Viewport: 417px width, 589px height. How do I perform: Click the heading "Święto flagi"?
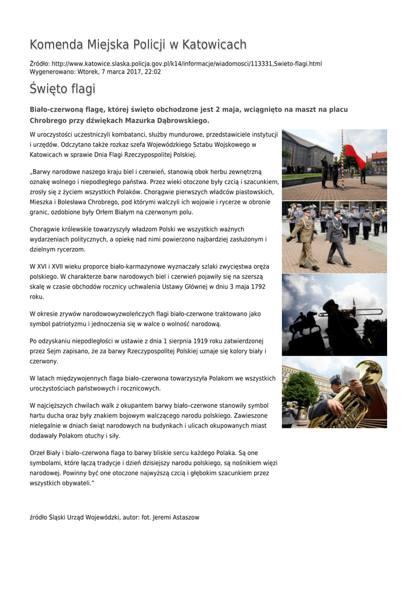pos(62,89)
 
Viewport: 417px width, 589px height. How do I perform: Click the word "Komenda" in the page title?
pos(56,45)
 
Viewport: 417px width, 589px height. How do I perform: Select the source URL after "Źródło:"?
pos(186,63)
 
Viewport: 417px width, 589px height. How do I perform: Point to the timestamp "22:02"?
pos(152,72)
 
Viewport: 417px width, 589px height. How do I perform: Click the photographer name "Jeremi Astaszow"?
pos(175,518)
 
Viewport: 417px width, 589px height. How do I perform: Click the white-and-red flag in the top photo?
pos(355,154)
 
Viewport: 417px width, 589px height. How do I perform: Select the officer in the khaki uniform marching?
pos(305,239)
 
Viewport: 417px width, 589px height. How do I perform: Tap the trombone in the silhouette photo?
pos(345,311)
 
